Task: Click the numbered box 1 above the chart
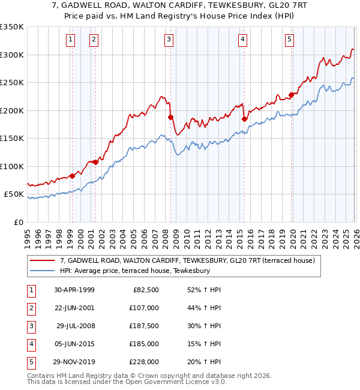point(71,40)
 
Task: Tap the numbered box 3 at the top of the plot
point(169,40)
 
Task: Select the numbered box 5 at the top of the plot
point(289,40)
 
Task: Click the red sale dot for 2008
point(170,118)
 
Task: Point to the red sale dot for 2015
point(244,119)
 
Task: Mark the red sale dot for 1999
point(73,176)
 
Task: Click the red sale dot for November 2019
point(291,94)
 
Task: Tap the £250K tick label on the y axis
point(12,83)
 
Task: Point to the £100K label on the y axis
point(12,167)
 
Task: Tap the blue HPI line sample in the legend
point(43,271)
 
